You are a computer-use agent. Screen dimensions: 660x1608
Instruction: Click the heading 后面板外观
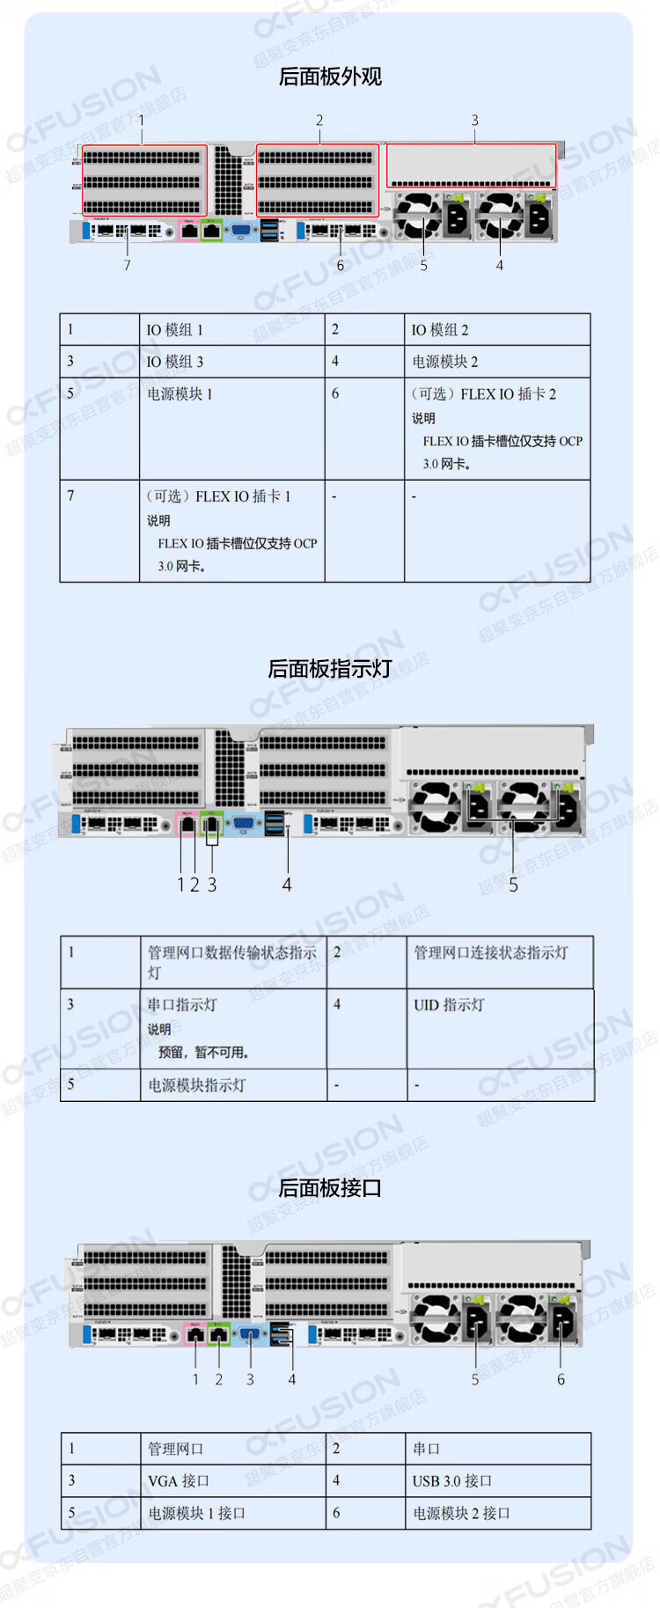pos(330,77)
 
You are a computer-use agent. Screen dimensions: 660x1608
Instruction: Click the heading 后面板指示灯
pos(330,669)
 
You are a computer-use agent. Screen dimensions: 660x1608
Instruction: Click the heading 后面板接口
pos(330,1188)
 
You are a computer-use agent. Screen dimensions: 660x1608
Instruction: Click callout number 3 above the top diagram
pos(474,120)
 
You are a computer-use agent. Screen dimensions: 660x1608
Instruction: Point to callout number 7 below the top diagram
pos(127,265)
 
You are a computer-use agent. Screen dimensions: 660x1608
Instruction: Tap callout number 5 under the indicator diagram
pos(513,885)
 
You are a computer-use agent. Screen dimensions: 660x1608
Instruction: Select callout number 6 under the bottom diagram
pos(561,1379)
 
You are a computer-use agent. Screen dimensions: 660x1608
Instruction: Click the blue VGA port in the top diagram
pos(241,231)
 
